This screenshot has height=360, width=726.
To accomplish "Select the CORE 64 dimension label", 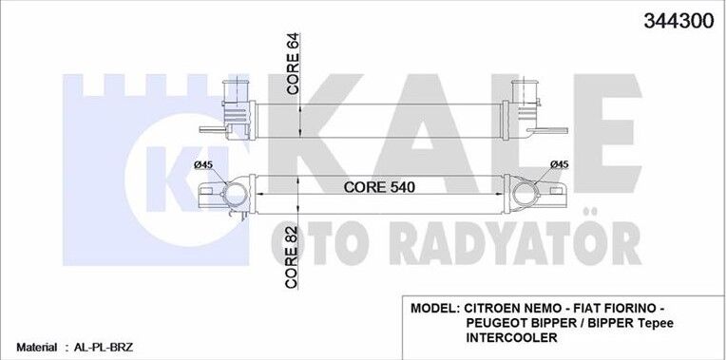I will click(x=294, y=65).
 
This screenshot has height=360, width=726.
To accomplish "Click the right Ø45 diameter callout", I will click(x=559, y=165).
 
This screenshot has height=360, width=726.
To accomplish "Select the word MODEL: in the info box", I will click(x=435, y=309).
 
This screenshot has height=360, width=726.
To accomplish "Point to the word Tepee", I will click(x=653, y=324).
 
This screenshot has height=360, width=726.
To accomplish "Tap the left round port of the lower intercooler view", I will click(x=231, y=197).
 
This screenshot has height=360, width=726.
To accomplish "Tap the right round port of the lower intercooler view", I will click(x=525, y=198).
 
